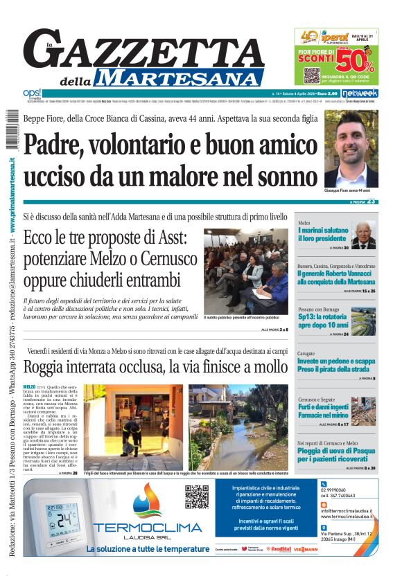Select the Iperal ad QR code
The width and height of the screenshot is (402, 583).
(311, 75)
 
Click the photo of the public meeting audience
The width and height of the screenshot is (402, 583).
(245, 271)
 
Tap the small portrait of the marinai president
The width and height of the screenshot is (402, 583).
(363, 235)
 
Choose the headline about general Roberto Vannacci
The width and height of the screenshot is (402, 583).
(336, 278)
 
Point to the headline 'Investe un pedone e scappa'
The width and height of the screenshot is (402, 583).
(336, 365)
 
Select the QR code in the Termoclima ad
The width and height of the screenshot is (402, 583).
(197, 496)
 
